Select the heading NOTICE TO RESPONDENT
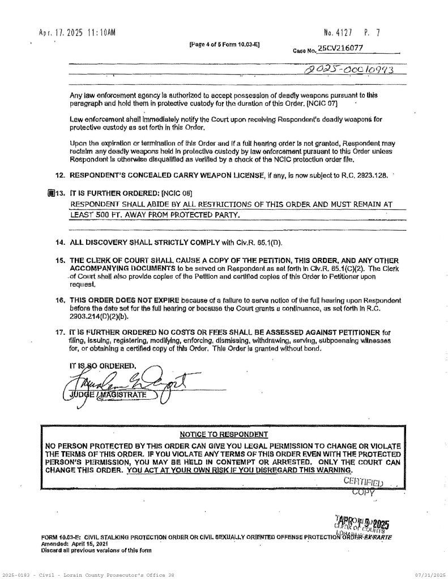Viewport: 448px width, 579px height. (223, 434)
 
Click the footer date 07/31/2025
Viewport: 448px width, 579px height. (430, 574)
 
